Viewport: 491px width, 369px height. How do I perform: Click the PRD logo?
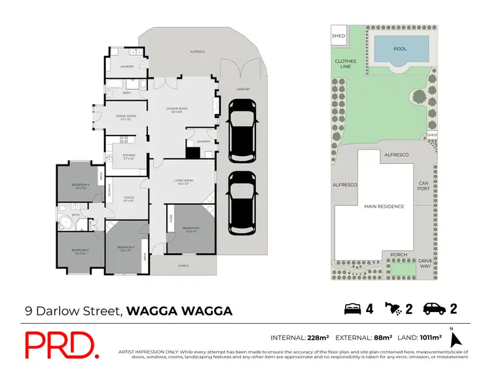[x=62, y=345]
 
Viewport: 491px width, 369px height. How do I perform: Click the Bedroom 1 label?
[x=191, y=229]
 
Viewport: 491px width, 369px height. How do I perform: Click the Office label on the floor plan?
[x=128, y=199]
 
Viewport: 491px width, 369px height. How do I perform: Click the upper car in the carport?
[x=242, y=130]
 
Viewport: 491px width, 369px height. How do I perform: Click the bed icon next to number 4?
[x=352, y=309]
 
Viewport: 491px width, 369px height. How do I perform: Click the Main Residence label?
[x=384, y=206]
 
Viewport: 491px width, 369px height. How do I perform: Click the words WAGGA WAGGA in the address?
[x=179, y=311]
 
